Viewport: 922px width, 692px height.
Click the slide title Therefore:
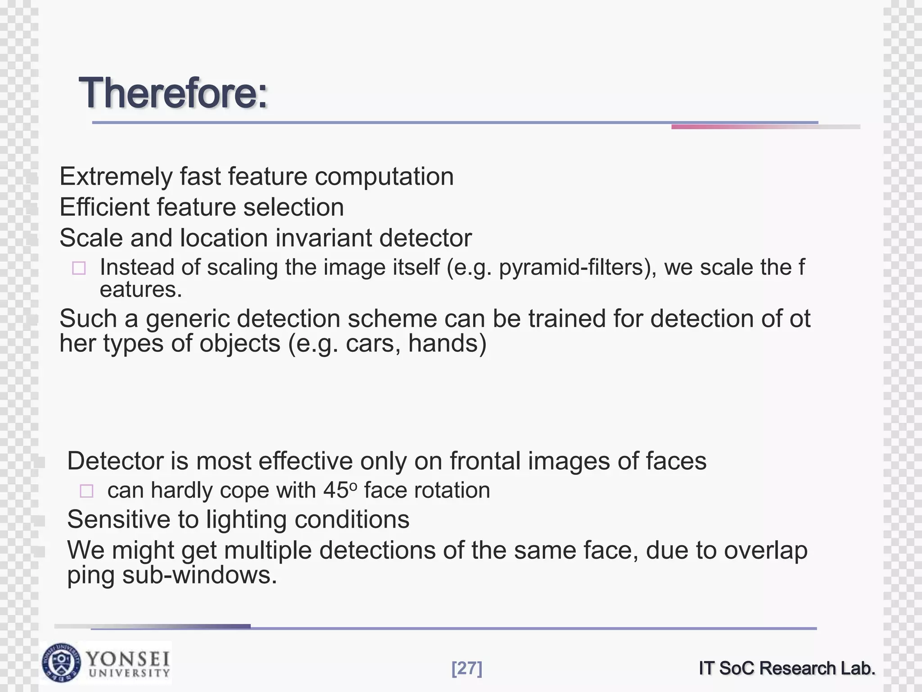click(x=173, y=93)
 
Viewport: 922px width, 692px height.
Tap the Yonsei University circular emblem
click(x=62, y=663)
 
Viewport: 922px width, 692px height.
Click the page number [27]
click(x=467, y=668)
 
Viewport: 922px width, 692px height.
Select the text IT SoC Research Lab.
click(x=787, y=668)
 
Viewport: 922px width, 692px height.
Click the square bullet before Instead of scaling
click(x=79, y=269)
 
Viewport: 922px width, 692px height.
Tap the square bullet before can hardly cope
click(x=86, y=491)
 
